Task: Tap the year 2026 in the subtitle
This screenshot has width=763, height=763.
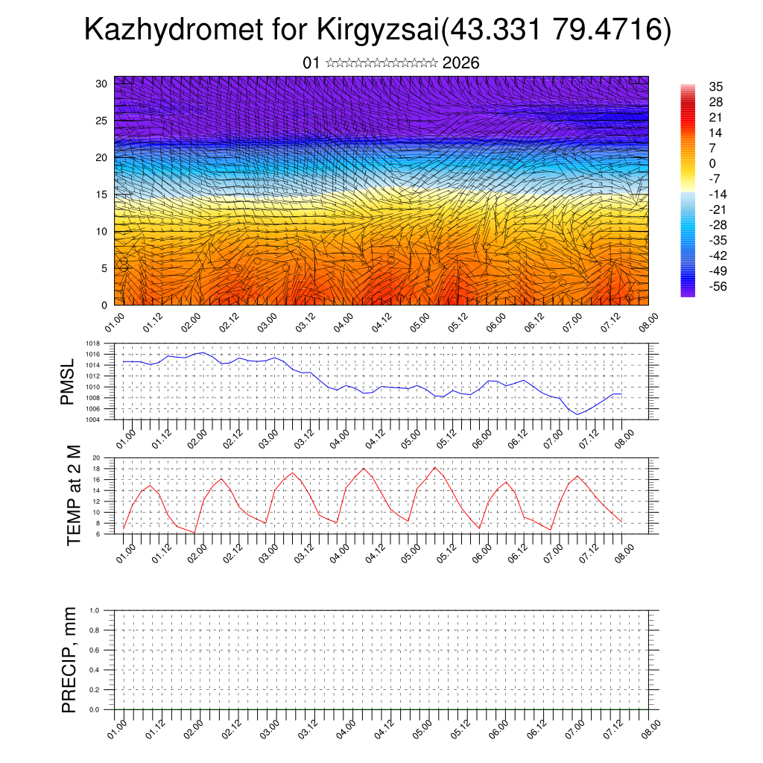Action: pyautogui.click(x=460, y=63)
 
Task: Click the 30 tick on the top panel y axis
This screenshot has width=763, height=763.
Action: pyautogui.click(x=101, y=83)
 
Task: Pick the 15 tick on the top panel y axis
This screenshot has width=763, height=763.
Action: pyautogui.click(x=101, y=194)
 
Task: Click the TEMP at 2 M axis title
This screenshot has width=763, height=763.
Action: pyautogui.click(x=73, y=495)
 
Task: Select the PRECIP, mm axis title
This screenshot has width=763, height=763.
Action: pyautogui.click(x=69, y=659)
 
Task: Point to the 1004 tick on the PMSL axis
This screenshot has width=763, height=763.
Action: pyautogui.click(x=93, y=420)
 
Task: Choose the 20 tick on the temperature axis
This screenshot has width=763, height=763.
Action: pyautogui.click(x=96, y=458)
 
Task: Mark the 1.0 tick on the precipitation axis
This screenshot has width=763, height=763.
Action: pyautogui.click(x=95, y=610)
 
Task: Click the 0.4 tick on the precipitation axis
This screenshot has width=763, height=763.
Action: pyautogui.click(x=95, y=670)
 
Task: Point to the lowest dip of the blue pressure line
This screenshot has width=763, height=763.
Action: pyautogui.click(x=577, y=414)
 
